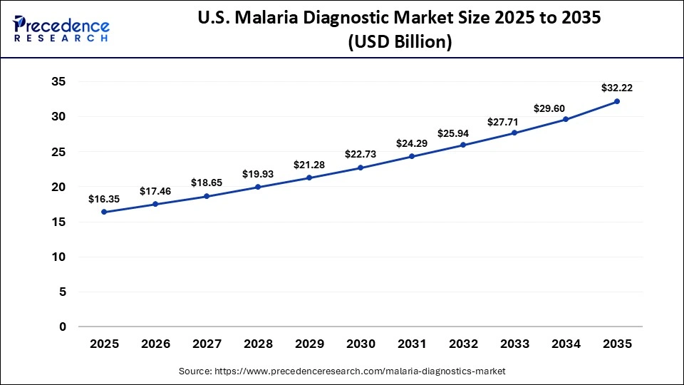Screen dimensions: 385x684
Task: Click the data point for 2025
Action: (x=104, y=212)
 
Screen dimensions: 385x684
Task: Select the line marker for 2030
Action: (x=361, y=168)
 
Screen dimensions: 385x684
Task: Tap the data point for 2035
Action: (x=617, y=101)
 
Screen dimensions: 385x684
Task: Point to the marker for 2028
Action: (x=258, y=187)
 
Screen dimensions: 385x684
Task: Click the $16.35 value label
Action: (x=104, y=199)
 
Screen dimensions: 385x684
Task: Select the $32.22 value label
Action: (x=617, y=88)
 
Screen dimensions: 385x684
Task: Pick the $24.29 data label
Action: (x=412, y=144)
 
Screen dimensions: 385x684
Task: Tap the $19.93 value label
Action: (x=258, y=174)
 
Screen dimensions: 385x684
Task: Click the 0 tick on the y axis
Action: (x=63, y=327)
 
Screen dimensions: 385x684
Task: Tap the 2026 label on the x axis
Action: (x=155, y=344)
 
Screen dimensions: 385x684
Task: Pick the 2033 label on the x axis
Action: (x=514, y=344)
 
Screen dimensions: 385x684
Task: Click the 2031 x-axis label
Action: (x=412, y=344)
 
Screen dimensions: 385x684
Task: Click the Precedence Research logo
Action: (x=61, y=29)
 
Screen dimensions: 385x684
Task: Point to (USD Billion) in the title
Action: (x=399, y=43)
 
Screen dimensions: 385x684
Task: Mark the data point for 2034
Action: (x=566, y=119)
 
